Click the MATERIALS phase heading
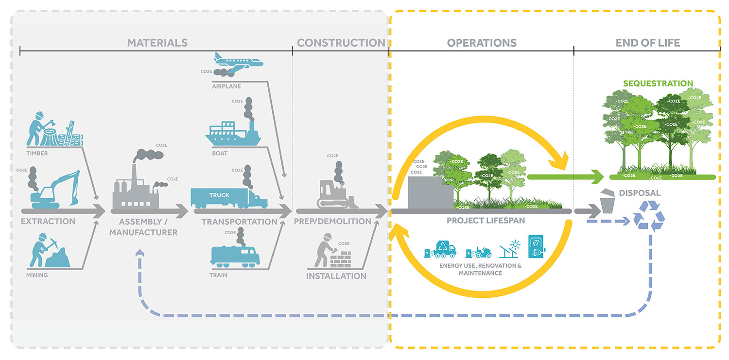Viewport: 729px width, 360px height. point(157,43)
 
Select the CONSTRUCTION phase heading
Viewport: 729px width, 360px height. point(341,43)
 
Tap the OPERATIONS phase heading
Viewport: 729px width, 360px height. point(481,43)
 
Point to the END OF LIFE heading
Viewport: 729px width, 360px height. point(647,43)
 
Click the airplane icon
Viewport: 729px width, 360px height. point(238,62)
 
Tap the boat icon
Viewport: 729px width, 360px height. point(233,134)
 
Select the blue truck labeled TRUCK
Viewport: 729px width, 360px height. point(228,197)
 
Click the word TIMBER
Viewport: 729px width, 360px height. point(37,154)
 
